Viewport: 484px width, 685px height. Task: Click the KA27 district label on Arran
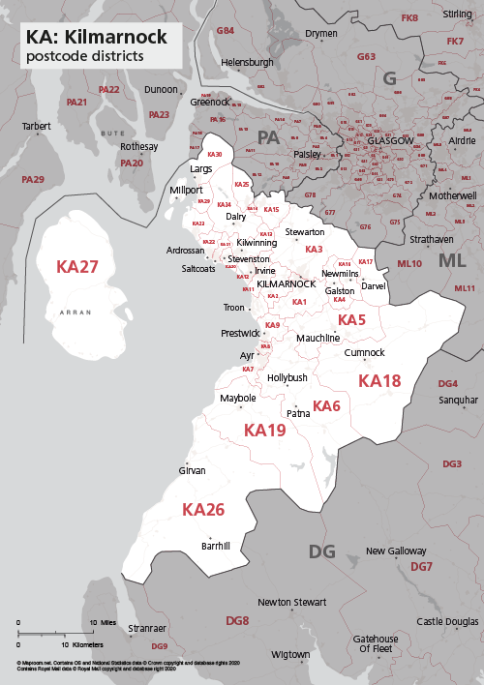tap(77, 266)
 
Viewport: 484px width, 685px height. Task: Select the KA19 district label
tap(264, 430)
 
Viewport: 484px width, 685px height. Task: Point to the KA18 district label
tap(379, 381)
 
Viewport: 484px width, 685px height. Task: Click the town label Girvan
tap(193, 470)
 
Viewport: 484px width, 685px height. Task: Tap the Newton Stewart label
tap(292, 602)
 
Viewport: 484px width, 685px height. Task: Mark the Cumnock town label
tap(364, 353)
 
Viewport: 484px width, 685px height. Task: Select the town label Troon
tap(234, 308)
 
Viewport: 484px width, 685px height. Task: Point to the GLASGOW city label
tap(390, 141)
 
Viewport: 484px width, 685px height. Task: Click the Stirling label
tap(458, 15)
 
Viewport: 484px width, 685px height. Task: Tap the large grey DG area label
tap(321, 551)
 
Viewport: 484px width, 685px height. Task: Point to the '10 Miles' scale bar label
tap(105, 622)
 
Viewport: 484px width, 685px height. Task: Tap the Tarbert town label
tap(37, 126)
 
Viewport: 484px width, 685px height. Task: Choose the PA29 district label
tap(33, 179)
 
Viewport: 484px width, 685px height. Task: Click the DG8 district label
tap(237, 619)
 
